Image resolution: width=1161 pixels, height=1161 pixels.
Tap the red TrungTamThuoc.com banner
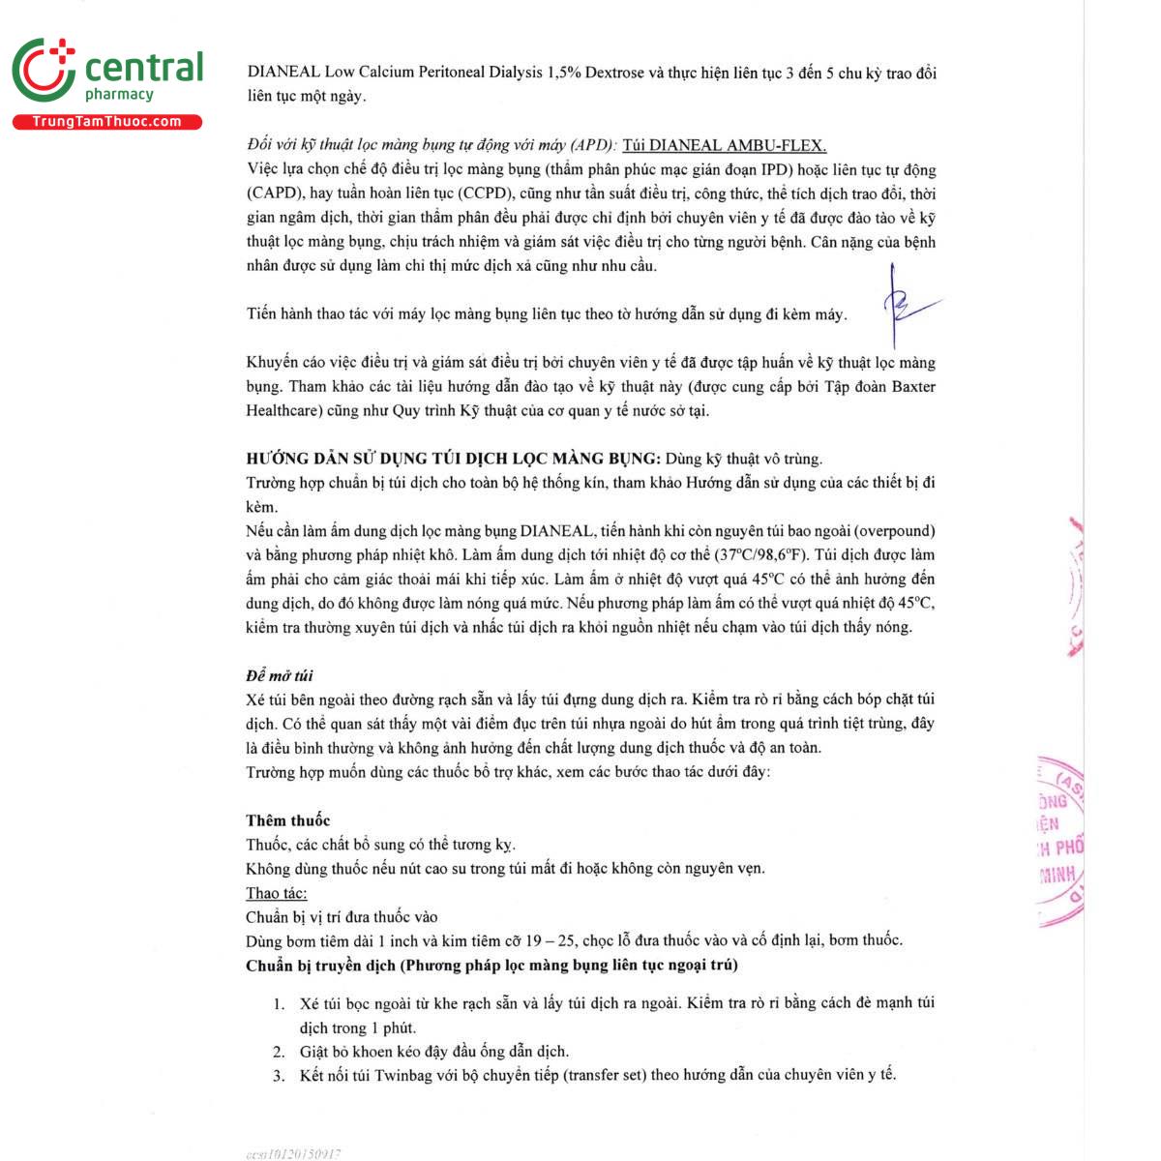click(106, 122)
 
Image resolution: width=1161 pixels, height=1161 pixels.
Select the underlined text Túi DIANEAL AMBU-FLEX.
click(725, 146)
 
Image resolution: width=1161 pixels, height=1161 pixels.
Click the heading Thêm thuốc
click(287, 820)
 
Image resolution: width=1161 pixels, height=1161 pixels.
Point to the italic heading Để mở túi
click(279, 675)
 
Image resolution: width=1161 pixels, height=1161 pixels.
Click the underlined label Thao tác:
click(276, 893)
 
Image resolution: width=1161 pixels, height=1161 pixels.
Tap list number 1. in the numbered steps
click(279, 1003)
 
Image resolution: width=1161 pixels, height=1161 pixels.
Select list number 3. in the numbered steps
click(279, 1075)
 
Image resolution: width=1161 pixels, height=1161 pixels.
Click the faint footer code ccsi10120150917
click(293, 1153)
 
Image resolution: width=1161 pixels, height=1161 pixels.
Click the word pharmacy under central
click(119, 95)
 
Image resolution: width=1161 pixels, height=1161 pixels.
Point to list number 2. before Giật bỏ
click(279, 1052)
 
